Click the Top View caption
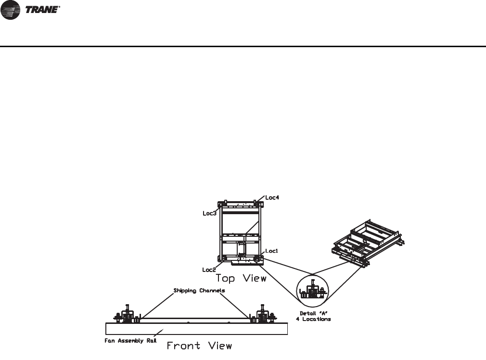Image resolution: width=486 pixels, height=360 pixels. click(241, 278)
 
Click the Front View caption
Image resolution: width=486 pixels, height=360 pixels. click(199, 345)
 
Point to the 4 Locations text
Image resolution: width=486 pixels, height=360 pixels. click(313, 319)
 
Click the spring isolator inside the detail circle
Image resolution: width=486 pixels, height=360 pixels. click(313, 291)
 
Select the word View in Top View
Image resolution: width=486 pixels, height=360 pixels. click(254, 278)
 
